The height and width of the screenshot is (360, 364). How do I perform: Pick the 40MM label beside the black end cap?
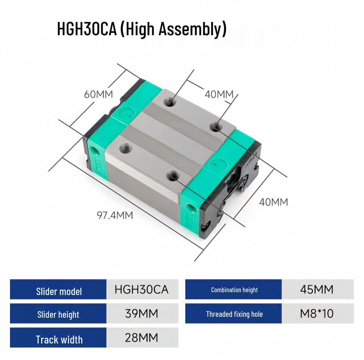pyautogui.click(x=273, y=202)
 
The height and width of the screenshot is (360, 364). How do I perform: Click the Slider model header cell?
pyautogui.click(x=59, y=291)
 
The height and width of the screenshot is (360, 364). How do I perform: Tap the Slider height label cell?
pyautogui.click(x=58, y=314)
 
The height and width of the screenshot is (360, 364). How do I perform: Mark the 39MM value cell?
pyautogui.click(x=141, y=313)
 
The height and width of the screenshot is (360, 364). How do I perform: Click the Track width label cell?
pyautogui.click(x=59, y=339)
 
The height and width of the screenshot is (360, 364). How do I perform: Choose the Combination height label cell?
pyautogui.click(x=234, y=290)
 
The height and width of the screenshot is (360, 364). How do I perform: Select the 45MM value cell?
pyautogui.click(x=317, y=289)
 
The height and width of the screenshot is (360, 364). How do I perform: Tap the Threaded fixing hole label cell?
pyautogui.click(x=234, y=314)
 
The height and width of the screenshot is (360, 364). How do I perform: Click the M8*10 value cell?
pyautogui.click(x=317, y=313)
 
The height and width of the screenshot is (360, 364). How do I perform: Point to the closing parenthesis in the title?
pyautogui.click(x=224, y=30)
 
